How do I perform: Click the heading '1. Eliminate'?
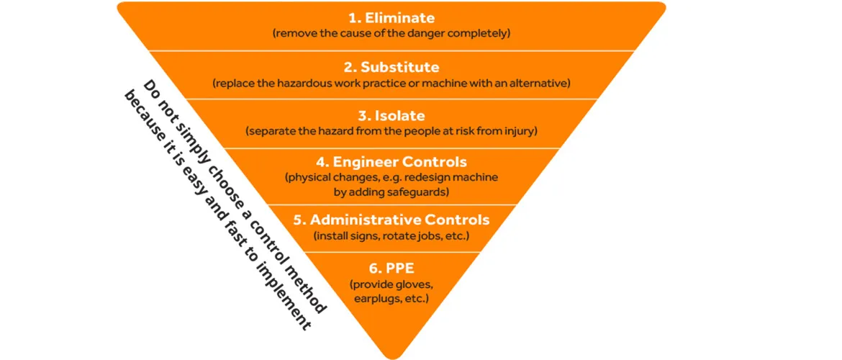tap(391, 18)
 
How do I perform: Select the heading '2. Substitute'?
tap(391, 68)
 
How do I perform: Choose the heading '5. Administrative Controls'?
tap(391, 220)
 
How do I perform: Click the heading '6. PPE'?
tap(391, 267)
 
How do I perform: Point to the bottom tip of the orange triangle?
tap(391, 357)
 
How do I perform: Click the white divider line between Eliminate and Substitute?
tap(391, 50)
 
